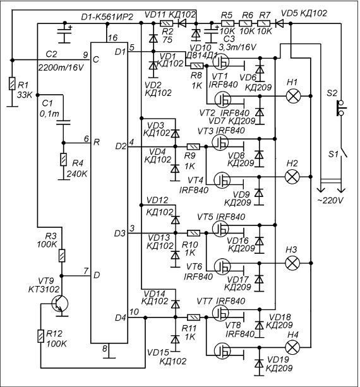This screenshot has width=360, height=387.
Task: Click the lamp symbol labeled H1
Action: tap(293, 96)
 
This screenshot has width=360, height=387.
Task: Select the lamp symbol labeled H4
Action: tap(292, 347)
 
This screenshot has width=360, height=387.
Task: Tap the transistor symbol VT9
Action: tap(60, 304)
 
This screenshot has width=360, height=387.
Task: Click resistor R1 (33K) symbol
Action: tap(11, 84)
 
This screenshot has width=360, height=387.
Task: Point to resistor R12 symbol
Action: tap(40, 336)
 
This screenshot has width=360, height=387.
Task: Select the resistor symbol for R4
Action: tap(63, 160)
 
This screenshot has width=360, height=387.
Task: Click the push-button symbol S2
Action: tap(341, 108)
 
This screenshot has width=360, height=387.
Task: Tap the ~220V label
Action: tap(330, 200)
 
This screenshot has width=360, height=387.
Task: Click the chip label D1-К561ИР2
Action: tap(107, 17)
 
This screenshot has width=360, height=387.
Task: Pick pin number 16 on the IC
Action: tap(112, 38)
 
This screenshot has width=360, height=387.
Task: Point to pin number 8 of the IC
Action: tap(105, 348)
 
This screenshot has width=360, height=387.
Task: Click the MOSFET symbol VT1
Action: tap(221, 62)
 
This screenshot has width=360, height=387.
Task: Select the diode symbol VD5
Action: tap(279, 24)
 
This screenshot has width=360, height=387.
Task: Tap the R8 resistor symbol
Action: tap(197, 66)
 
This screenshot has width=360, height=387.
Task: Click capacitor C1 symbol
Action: tap(63, 122)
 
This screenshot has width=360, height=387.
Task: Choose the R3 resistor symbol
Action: tap(62, 256)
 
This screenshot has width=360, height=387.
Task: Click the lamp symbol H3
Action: tap(292, 263)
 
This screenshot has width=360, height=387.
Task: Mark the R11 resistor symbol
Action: tap(194, 318)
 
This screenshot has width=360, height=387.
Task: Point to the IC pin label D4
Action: tap(121, 318)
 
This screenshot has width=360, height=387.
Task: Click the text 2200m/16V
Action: tap(61, 68)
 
